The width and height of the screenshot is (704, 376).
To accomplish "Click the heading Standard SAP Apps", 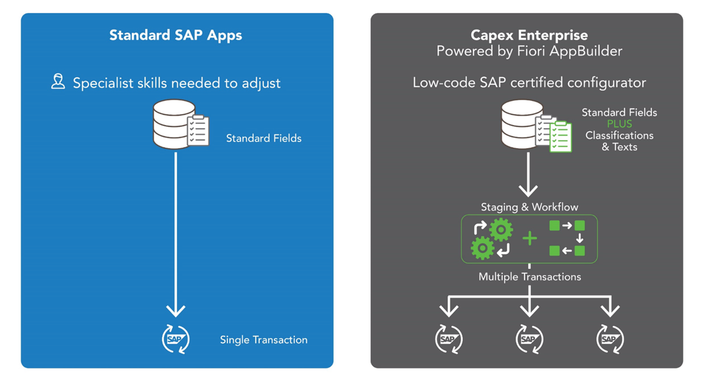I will pos(176,35).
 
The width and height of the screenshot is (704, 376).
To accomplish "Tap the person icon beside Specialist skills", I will pos(58,82).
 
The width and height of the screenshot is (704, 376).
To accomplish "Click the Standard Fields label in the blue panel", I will pos(264,138).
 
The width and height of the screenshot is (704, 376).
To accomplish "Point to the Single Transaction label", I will pos(264,340).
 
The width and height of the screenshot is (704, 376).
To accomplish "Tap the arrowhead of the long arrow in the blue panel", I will pos(176,310).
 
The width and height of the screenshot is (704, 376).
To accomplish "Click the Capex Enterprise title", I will pos(529,35).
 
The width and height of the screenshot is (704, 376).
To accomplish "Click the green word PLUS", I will pos(619,124).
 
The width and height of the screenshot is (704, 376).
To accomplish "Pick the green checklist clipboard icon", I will pos(560,136).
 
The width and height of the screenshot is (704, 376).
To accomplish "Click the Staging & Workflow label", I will pos(529,207).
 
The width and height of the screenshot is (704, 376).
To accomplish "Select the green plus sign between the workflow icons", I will pos(530,239).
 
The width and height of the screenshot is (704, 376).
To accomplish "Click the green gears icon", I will pos(491,239).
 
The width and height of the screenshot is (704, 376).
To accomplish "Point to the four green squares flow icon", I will pos(567,239).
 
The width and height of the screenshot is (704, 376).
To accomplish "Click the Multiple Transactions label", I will pos(529,277).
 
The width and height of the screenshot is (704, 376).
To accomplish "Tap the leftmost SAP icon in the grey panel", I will pos(449,339).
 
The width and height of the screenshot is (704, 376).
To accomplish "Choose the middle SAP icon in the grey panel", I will pos(529,339).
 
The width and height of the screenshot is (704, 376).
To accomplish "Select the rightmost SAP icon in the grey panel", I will pos(610,339).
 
